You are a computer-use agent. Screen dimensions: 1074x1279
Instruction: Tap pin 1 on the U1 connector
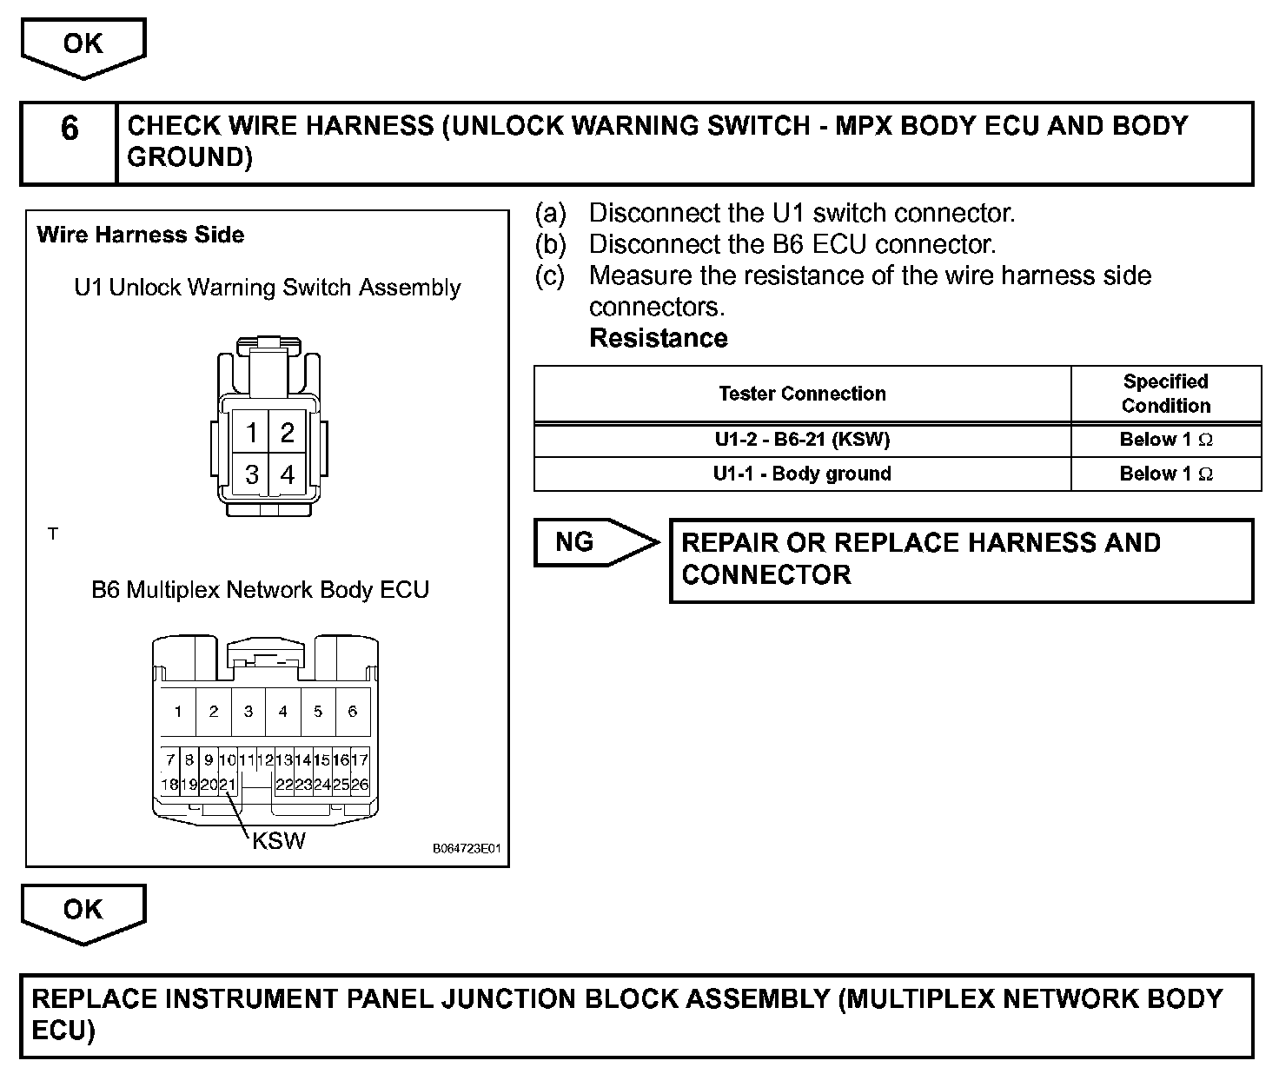coord(251,432)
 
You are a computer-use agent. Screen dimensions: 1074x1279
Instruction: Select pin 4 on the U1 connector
coord(287,474)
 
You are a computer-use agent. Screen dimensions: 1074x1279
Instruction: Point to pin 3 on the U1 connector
coord(251,474)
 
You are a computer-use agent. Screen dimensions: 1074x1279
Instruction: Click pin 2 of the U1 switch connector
coord(287,432)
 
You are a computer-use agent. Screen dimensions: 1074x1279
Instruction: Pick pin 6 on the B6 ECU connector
coord(352,712)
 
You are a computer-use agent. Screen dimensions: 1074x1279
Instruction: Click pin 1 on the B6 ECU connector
coord(178,712)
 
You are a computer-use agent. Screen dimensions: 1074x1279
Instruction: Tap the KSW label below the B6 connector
coord(278,840)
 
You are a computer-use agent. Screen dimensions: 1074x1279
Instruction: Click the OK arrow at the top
coord(83,45)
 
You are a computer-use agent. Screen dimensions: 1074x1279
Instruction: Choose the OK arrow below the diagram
coord(83,912)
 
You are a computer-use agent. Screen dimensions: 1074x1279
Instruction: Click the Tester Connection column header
coord(802,394)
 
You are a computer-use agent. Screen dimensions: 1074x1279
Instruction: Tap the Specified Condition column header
coord(1165,394)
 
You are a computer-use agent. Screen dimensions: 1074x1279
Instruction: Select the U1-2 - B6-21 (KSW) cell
coord(802,440)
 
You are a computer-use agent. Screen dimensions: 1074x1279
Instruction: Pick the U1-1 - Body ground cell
coord(802,474)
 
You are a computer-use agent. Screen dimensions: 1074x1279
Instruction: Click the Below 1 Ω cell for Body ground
coord(1165,474)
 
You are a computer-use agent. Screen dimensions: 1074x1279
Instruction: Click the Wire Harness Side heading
coord(141,235)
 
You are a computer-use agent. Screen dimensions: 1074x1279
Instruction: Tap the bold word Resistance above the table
coord(658,338)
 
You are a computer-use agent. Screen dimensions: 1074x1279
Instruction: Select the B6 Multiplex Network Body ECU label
coord(260,590)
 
